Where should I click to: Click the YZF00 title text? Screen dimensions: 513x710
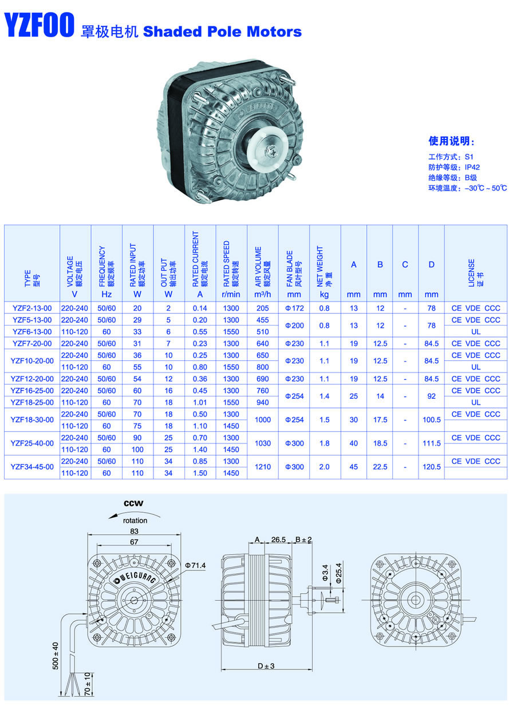point(39,25)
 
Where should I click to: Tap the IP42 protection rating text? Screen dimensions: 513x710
point(472,167)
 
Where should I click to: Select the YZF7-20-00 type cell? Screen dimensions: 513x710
point(32,343)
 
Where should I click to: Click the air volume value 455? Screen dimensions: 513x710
point(262,320)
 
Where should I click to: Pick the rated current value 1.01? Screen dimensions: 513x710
point(200,402)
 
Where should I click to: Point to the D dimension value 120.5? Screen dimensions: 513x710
point(432,467)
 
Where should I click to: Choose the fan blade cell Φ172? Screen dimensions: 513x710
point(294,308)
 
